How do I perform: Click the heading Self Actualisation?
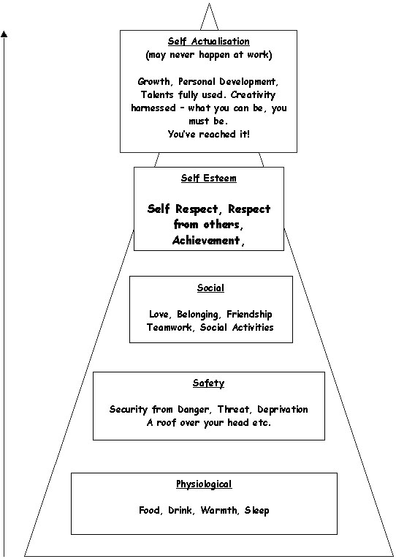tap(209, 42)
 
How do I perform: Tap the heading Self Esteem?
tap(209, 179)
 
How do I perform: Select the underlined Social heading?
tap(211, 288)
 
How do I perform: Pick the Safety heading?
tap(209, 383)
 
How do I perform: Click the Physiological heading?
tap(204, 484)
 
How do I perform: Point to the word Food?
tap(149, 511)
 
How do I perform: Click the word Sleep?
tap(256, 511)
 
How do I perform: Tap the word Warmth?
tap(219, 511)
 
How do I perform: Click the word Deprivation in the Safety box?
tap(283, 410)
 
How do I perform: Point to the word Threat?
tap(233, 409)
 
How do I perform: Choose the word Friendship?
tap(249, 315)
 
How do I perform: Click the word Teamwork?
tap(170, 327)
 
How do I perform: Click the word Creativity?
tap(253, 95)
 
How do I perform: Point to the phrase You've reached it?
tap(209, 134)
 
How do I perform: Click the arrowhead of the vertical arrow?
tap(4, 34)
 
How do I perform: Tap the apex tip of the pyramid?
tap(209, 3)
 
